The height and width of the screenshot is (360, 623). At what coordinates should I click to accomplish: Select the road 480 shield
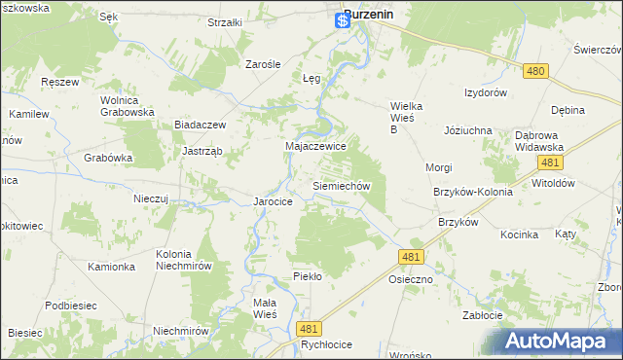[x=534, y=71]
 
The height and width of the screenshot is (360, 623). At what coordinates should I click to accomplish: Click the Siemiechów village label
[x=341, y=185]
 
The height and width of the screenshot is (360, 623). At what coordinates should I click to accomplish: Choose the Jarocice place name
[x=274, y=201]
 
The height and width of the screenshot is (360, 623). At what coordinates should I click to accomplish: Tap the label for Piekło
[x=308, y=276]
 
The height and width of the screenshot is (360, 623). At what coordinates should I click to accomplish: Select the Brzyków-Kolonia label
[x=473, y=192]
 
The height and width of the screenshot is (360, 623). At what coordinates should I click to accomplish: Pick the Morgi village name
[x=438, y=167]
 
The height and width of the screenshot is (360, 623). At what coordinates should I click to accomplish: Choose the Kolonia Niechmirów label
[x=185, y=261]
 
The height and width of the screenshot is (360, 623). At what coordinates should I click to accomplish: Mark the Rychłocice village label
[x=298, y=344]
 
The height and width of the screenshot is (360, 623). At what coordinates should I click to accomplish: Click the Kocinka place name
[x=520, y=234]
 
